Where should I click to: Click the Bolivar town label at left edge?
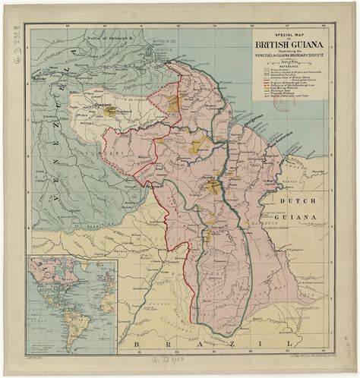click(38, 78)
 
